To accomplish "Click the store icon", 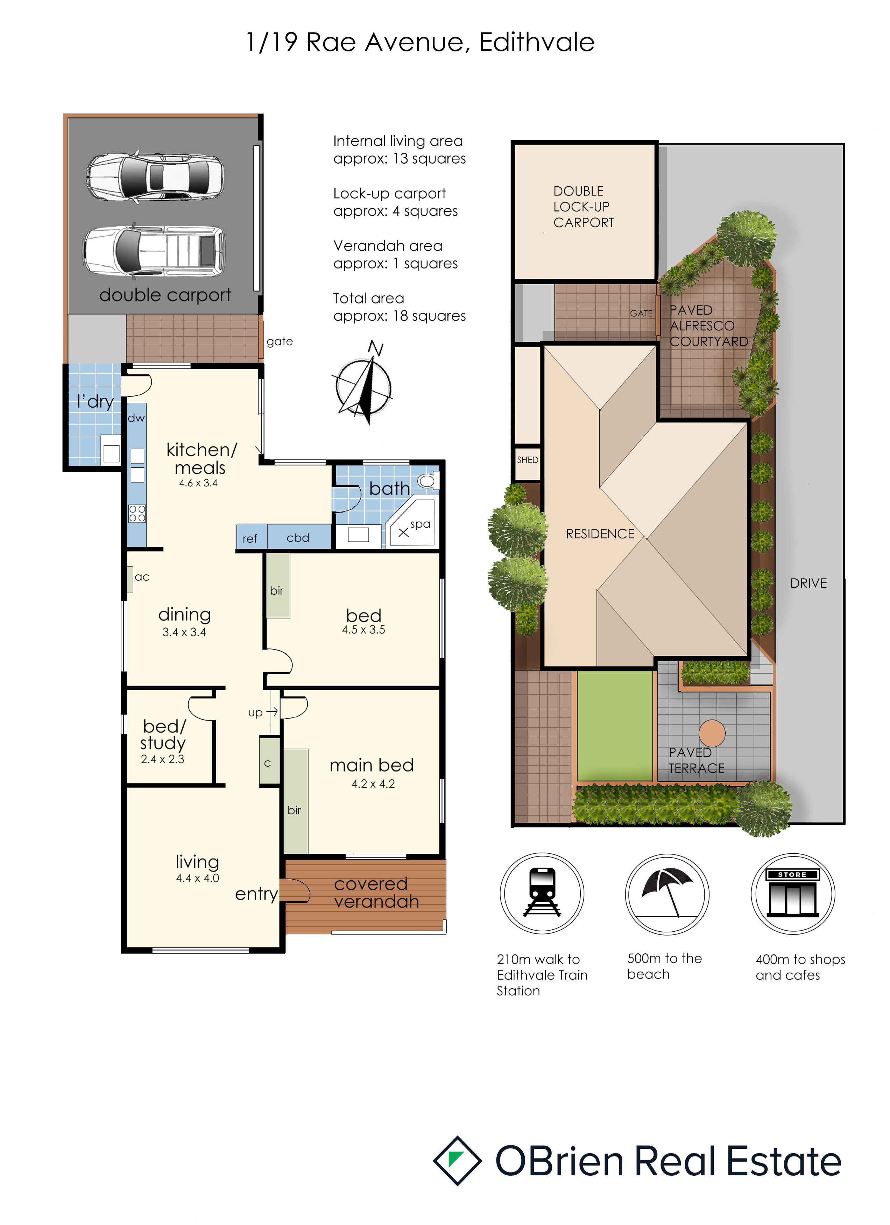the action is [792, 892].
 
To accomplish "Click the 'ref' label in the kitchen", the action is [250, 538].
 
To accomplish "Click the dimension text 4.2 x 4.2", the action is [373, 784].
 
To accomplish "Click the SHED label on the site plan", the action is [528, 460].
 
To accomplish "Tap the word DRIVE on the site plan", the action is [808, 583].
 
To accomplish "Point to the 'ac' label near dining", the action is [142, 577].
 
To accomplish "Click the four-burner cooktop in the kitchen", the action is [137, 513].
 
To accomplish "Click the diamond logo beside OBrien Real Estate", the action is [457, 1161].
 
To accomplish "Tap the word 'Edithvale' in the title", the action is [537, 42].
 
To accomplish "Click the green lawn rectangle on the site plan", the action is [615, 725].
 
